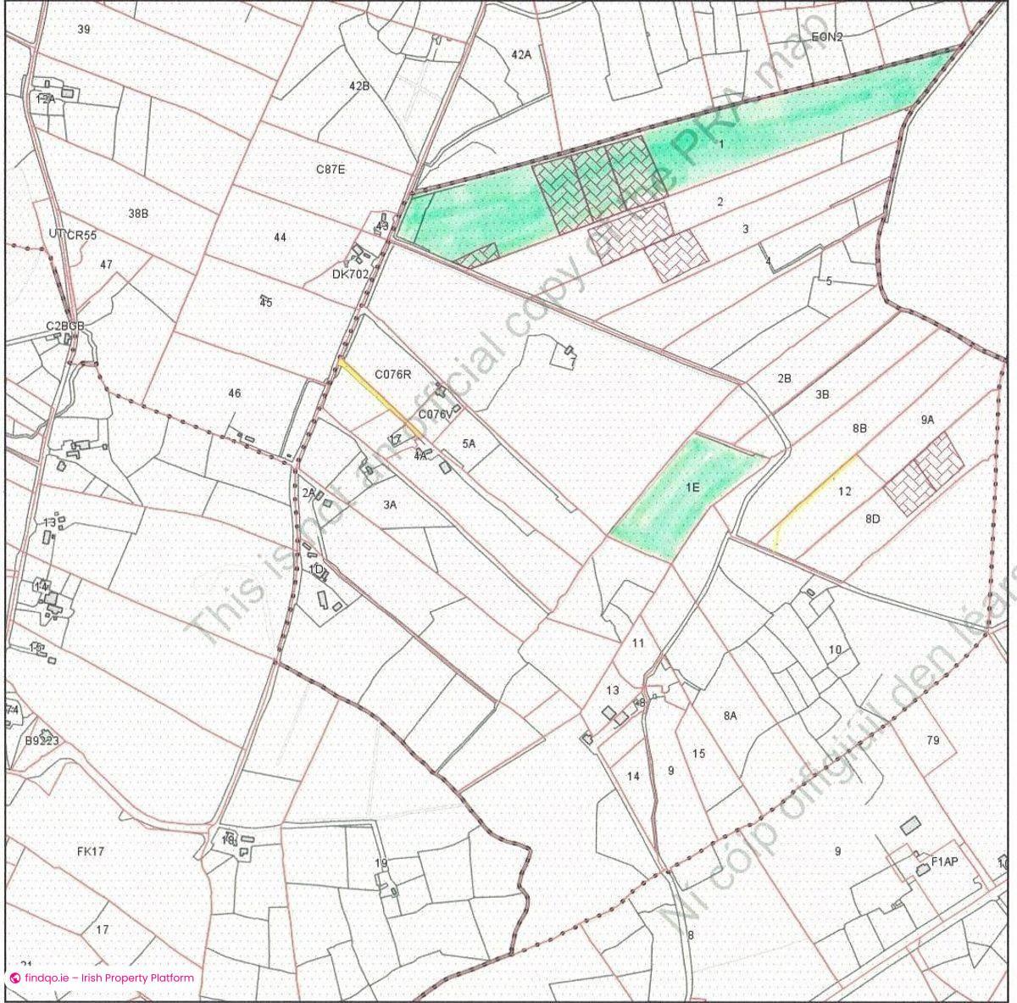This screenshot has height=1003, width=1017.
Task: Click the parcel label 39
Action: coord(83,30)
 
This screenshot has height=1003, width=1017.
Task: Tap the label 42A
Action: coord(521,54)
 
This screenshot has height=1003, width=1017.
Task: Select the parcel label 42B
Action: coord(359,86)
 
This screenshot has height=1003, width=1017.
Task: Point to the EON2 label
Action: coord(827,37)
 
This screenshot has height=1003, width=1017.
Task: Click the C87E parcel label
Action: coord(331,170)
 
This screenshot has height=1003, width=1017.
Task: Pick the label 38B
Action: coord(138,214)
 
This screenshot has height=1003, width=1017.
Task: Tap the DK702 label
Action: coord(350,275)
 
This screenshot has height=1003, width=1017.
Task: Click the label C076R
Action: coord(392,374)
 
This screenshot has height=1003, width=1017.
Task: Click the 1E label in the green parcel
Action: coord(692,488)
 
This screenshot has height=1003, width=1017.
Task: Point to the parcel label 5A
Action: coord(469,443)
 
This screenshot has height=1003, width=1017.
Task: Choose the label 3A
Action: coord(390,504)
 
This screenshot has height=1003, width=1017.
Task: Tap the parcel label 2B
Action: coord(784,378)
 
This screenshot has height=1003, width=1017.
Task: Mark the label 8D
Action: coord(873,519)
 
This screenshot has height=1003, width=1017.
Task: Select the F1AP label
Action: coord(944,862)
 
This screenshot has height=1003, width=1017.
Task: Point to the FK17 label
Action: coord(90,851)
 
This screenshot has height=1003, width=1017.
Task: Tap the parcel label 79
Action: coord(933,740)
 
